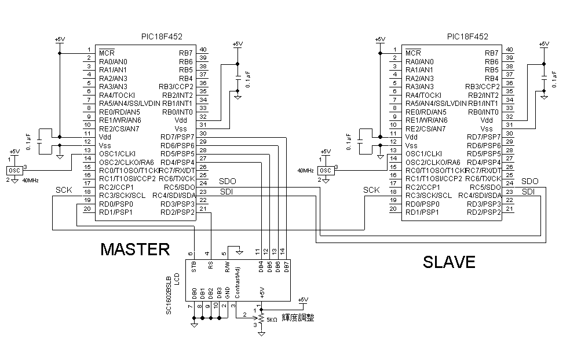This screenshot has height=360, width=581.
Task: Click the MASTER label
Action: (135, 249)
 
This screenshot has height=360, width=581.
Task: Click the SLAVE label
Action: (449, 262)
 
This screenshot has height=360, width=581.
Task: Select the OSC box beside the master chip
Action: (14, 171)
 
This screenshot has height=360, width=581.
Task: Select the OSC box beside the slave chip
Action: (326, 171)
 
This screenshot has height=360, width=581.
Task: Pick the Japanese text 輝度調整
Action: (298, 317)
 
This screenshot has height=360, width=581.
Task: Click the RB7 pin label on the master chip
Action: (186, 53)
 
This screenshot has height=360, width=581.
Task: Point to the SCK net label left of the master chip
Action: (64, 190)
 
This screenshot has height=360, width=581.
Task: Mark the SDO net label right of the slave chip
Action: (529, 182)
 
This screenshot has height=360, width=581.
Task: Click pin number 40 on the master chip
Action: (204, 49)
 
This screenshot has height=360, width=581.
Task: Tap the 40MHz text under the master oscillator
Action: (30, 181)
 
